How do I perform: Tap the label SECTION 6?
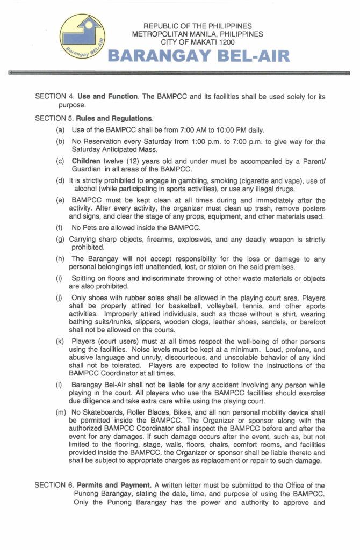(x=53, y=486)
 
